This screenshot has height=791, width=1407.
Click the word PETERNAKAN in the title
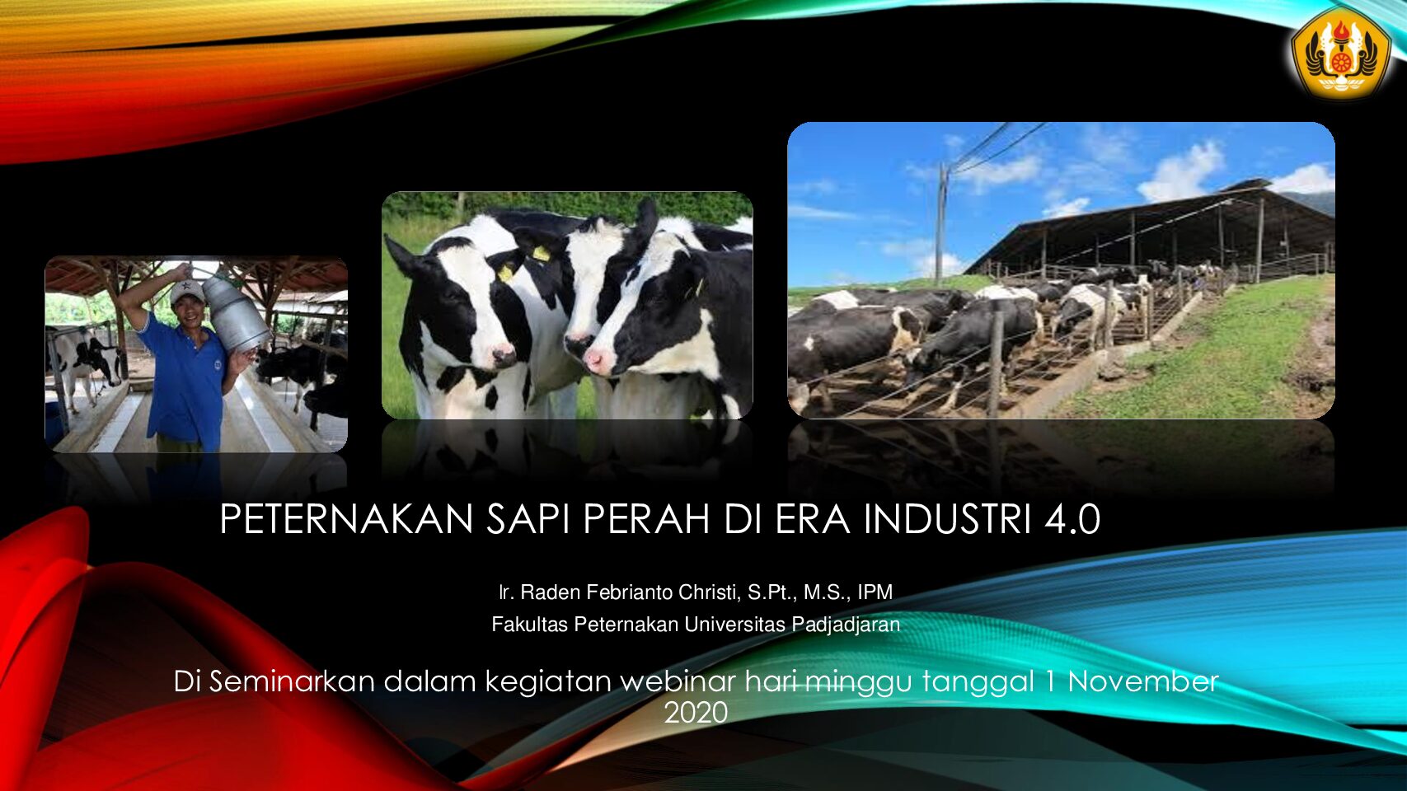tap(346, 520)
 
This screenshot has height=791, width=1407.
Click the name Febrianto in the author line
tap(629, 592)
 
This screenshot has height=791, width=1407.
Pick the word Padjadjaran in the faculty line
tap(846, 625)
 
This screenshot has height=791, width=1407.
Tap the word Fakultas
tap(529, 625)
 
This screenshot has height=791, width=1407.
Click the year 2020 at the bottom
tap(696, 714)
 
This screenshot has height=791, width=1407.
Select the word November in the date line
tap(1143, 681)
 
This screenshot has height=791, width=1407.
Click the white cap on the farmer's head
tap(187, 292)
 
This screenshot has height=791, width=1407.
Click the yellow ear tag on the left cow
tap(505, 273)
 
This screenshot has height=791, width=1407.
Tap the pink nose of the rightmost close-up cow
tap(593, 360)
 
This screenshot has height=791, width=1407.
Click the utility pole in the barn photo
tap(941, 222)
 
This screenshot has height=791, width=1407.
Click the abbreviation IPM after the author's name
tap(875, 592)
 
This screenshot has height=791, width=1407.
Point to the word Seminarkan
tap(292, 681)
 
